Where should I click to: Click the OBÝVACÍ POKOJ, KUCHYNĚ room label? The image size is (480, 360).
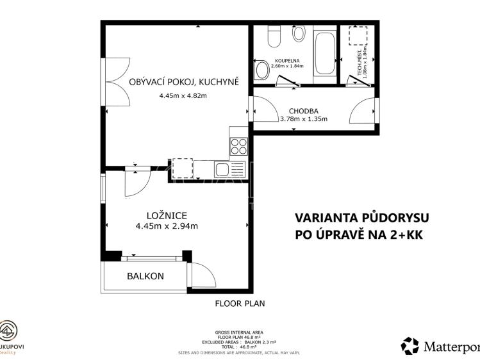coord(183,81)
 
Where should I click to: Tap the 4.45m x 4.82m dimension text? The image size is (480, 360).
coord(183,96)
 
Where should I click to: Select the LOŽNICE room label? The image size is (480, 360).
coord(165,215)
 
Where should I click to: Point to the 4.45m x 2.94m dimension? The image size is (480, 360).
coord(166,225)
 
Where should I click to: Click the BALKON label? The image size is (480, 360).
coord(145,277)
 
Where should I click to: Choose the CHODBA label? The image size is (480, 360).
coord(303,110)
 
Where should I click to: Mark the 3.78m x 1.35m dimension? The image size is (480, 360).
coord(303,119)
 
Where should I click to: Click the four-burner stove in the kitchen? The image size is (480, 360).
coord(238,147)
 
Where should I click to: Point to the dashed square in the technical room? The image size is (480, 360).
coord(352,37)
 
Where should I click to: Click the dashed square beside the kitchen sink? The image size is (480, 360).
coord(183,168)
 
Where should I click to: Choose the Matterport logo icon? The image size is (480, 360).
coord(410,346)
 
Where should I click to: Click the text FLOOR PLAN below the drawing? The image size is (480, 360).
coord(240,304)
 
